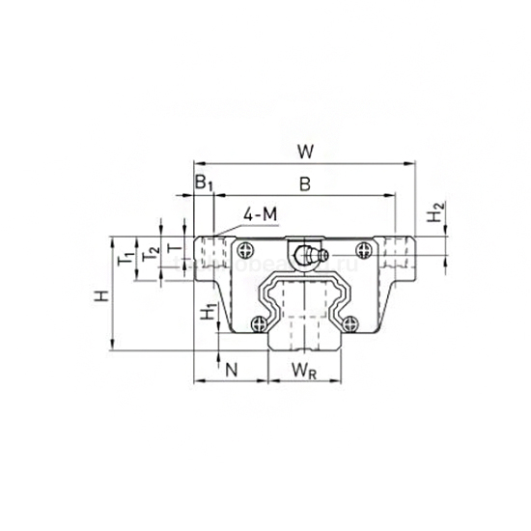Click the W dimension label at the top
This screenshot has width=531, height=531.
pos(305,151)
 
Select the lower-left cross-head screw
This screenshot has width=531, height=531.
pos(258,323)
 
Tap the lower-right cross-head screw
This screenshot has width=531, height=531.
pos(352,323)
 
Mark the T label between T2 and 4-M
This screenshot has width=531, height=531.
pos(174,248)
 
